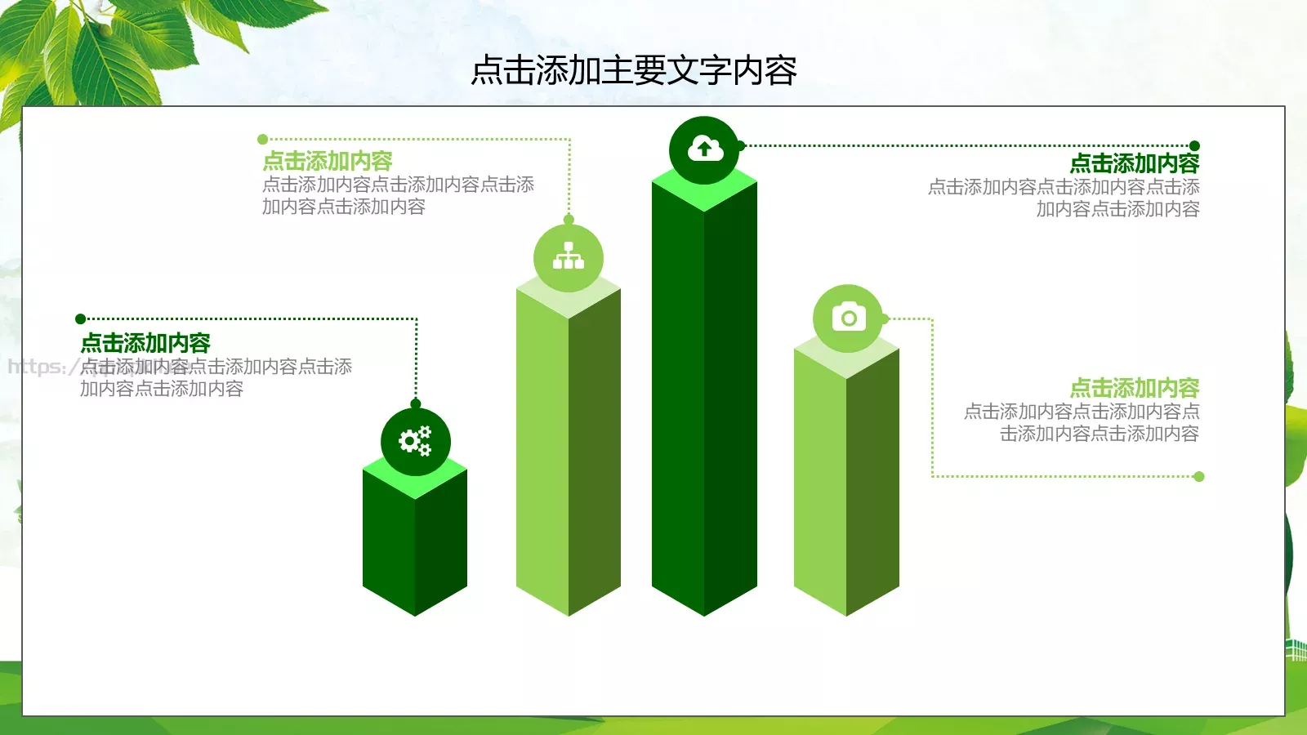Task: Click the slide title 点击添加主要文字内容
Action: point(634,71)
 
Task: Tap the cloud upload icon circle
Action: point(704,150)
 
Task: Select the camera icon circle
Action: point(848,318)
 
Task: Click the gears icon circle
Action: point(415,442)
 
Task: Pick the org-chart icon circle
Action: point(569,258)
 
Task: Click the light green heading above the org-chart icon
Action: point(328,161)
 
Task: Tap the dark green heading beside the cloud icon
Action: point(1135,163)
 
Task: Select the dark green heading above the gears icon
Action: point(145,343)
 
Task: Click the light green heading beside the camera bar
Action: point(1135,388)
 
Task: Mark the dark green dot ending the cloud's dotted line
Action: point(1194,146)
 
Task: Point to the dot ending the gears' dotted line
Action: point(80,319)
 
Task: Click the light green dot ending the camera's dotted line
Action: point(1198,477)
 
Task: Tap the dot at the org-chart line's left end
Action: point(262,140)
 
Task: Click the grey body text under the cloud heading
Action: point(1064,198)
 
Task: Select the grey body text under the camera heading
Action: point(1082,423)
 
